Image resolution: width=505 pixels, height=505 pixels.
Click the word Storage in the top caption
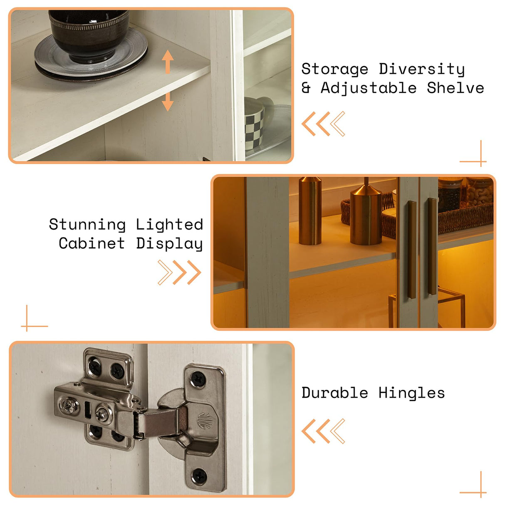335,69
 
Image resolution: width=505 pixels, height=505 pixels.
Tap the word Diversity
422,69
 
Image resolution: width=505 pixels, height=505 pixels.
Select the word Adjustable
369,88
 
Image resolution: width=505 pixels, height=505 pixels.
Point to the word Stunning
87,225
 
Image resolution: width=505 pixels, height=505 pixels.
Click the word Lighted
169,225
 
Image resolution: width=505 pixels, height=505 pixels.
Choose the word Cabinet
92,243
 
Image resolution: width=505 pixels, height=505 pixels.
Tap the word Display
169,244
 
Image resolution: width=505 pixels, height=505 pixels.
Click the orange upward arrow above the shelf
168,62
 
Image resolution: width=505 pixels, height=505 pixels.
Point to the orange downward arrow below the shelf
168,101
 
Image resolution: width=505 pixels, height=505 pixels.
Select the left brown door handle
412,250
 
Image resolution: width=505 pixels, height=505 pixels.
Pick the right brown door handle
432,246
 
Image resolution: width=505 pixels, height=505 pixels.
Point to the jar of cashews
479,193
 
